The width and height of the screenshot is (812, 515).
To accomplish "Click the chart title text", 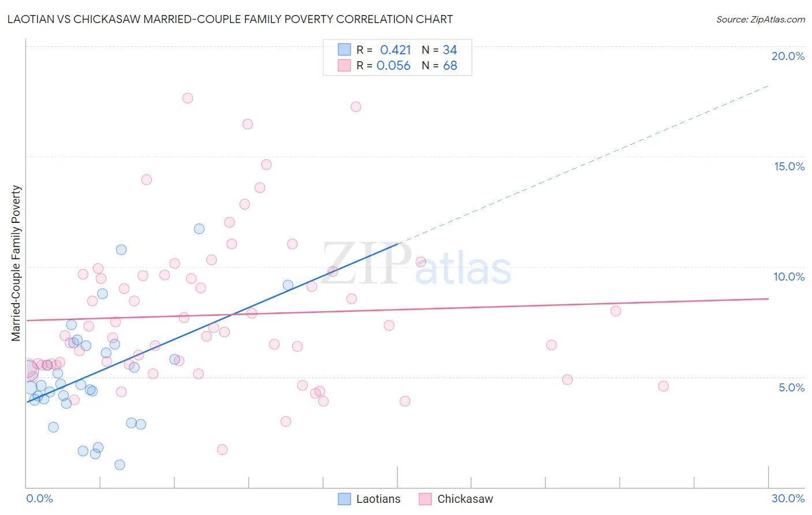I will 230,19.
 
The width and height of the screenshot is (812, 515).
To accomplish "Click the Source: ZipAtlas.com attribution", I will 760,19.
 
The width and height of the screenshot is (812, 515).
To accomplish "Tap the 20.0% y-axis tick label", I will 788,56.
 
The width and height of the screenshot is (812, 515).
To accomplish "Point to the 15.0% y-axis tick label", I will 789,166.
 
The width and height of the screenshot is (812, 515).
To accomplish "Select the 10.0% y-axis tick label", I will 789,277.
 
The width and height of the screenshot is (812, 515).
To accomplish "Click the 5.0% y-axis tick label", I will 791,387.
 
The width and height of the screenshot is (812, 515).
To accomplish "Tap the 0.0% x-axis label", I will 39,498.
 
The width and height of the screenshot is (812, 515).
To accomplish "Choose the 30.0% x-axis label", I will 788,498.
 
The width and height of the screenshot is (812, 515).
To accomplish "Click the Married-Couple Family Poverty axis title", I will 16,263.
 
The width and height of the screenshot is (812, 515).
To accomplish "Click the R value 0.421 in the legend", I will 395,50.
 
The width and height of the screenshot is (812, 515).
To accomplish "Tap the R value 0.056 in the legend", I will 393,66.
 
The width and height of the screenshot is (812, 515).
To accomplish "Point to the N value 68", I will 450,66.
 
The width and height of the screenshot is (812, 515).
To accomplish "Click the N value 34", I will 450,50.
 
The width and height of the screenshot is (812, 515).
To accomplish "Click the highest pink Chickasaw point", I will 188,98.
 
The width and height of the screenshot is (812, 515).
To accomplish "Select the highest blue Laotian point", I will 199,229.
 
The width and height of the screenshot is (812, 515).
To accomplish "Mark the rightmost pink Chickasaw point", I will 663,386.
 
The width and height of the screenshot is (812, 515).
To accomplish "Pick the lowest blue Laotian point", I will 120,465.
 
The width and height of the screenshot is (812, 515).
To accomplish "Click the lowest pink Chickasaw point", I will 222,450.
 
